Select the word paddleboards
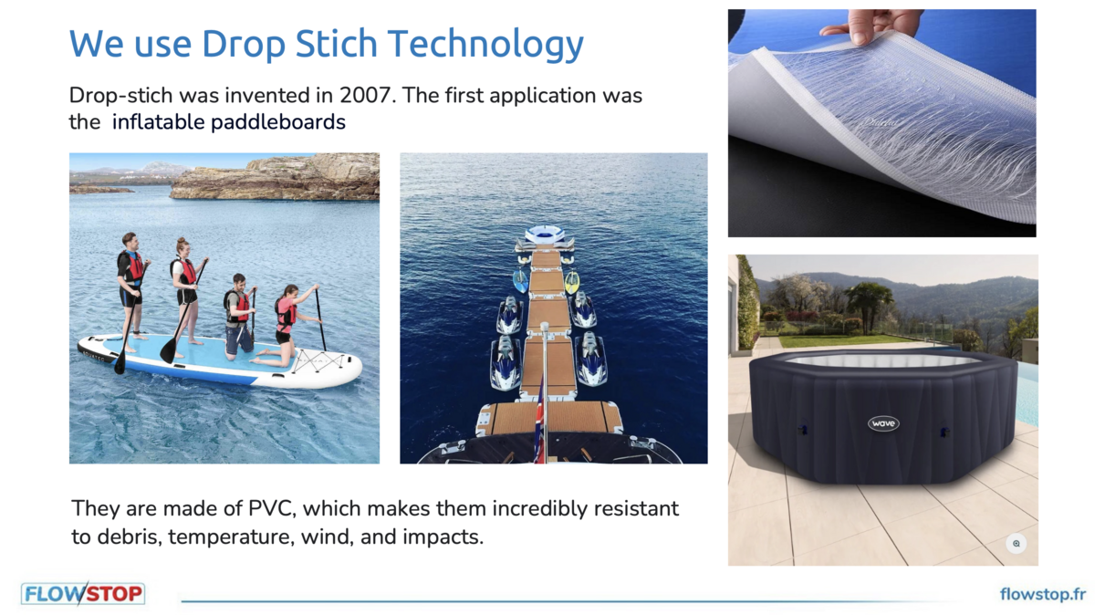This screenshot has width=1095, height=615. (x=278, y=122)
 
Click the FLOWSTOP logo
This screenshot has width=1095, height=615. (x=83, y=594)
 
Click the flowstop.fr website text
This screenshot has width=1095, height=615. (x=1043, y=594)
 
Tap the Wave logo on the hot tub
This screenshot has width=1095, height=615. (x=883, y=423)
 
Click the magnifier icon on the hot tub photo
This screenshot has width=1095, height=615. (x=1017, y=544)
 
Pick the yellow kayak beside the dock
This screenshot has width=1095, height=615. (x=572, y=282)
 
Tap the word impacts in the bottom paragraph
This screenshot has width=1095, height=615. (x=443, y=537)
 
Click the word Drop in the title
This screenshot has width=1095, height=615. (x=243, y=44)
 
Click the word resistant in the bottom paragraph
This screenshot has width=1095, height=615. (x=636, y=508)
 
